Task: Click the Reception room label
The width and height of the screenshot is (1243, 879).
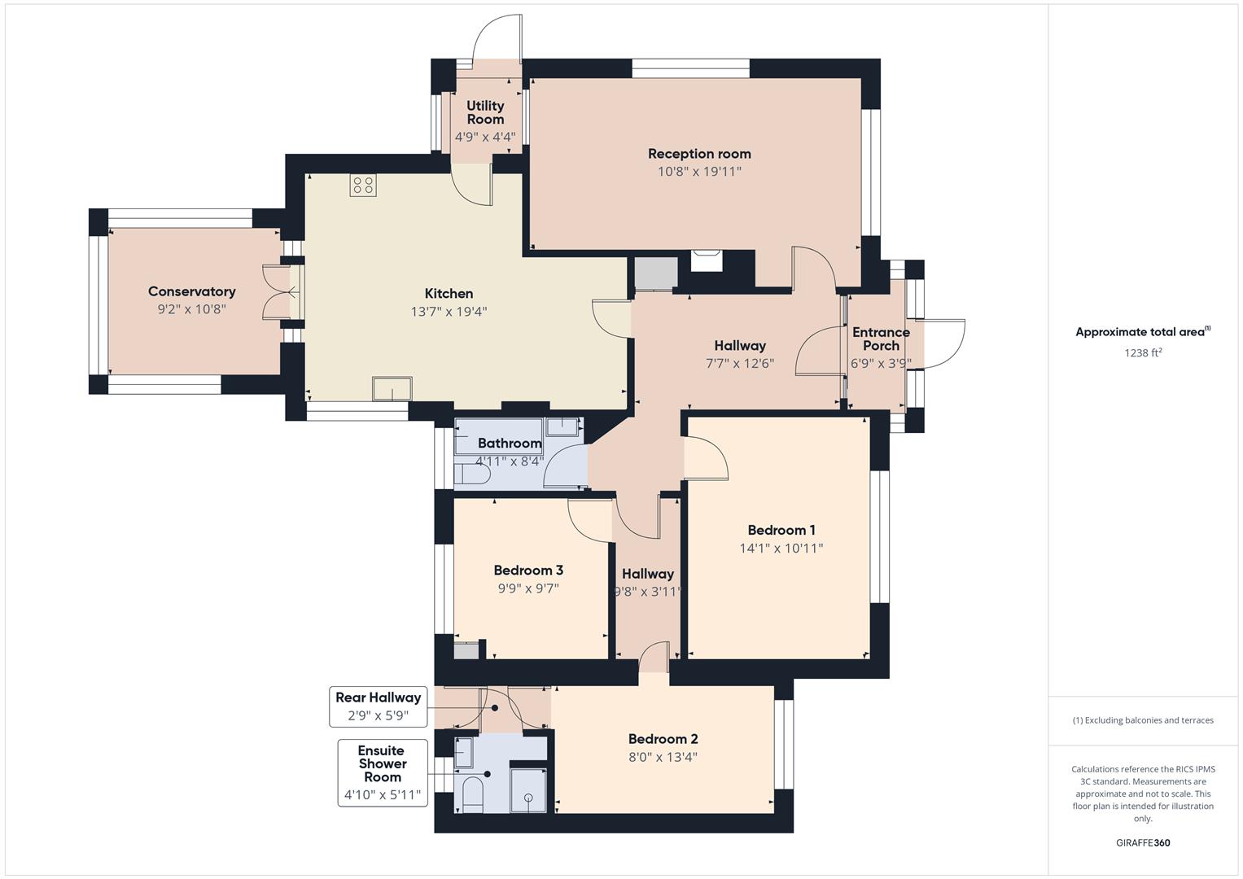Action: tap(698, 154)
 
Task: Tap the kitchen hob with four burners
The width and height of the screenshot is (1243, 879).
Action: tap(362, 186)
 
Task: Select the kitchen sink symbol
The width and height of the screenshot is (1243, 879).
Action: tap(392, 389)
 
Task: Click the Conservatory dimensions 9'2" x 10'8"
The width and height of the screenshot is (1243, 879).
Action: tap(191, 309)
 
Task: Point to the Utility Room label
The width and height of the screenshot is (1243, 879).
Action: tap(485, 112)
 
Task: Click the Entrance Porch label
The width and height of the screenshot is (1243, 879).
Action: tap(881, 339)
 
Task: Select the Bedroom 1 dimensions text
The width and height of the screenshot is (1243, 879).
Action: tap(781, 549)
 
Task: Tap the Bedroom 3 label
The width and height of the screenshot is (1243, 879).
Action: tap(528, 571)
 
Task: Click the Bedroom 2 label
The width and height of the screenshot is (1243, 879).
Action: tap(663, 739)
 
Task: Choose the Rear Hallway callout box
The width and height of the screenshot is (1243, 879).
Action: tap(379, 706)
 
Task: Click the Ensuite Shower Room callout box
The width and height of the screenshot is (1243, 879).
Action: tap(382, 772)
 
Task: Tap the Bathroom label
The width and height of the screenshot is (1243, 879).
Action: tap(510, 444)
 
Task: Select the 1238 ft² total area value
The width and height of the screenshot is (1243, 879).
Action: tap(1142, 352)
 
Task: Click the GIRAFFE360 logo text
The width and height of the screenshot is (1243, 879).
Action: tap(1142, 842)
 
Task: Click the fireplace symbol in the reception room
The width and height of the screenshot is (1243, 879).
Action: tap(706, 260)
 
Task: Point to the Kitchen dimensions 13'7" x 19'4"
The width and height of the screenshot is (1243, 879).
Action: tap(449, 312)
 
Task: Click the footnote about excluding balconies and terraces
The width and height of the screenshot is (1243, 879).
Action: tap(1142, 720)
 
